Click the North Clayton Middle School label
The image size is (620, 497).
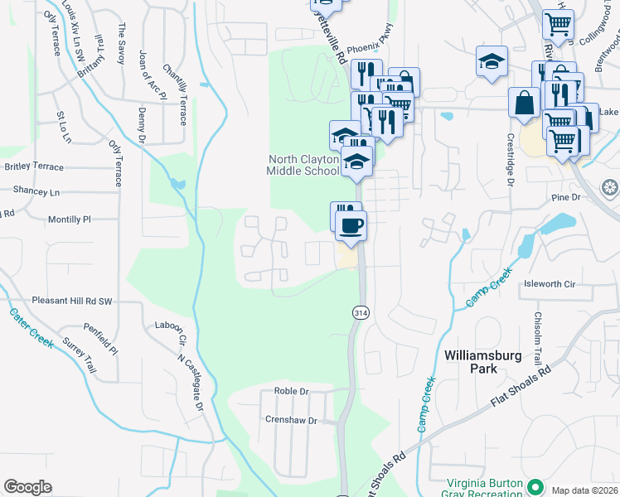(x=303, y=165)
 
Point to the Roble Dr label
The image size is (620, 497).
(x=291, y=391)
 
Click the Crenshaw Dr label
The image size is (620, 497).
(x=291, y=420)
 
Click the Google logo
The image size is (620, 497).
(x=27, y=486)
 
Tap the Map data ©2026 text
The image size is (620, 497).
(x=584, y=490)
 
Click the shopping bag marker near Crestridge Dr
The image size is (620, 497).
(x=525, y=104)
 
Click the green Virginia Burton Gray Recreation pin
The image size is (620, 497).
(x=535, y=486)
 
